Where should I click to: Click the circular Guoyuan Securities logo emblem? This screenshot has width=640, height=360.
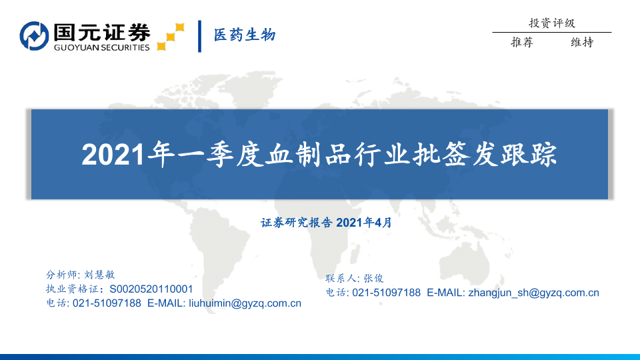pos(34,36)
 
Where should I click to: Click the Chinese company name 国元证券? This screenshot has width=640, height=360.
pos(102,32)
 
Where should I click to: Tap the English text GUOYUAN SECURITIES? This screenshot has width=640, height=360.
pos(101,47)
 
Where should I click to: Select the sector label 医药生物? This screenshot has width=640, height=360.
pos(245,35)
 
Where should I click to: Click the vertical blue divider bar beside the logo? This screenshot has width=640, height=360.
pos(199,36)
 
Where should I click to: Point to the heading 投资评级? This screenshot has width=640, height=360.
pos(552,23)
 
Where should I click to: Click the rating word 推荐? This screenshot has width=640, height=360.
pos(522,42)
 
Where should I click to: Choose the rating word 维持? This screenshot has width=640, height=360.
pos(582,42)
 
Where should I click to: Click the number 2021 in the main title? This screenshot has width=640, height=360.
pos(113,155)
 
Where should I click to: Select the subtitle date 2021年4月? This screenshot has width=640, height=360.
pos(364,223)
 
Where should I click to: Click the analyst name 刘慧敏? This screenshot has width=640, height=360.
pos(99,275)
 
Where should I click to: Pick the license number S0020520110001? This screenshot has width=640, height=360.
pos(151,289)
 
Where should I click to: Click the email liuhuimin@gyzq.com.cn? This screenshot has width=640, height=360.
pos(245,303)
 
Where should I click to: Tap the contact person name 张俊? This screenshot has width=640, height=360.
pos(373,279)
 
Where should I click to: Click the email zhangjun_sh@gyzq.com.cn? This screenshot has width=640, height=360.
pos(533,293)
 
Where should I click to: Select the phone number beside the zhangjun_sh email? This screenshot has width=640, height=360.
pos(386,293)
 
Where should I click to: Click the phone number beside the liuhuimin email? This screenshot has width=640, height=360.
pos(107,303)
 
